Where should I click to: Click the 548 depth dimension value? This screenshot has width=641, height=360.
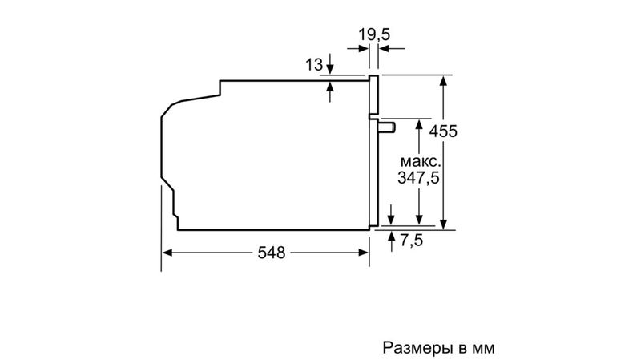coord(271,253)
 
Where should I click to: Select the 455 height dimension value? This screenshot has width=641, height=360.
coord(443,131)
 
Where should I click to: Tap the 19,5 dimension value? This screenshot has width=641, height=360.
coord(374,34)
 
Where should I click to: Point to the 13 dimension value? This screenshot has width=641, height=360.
coord(314,65)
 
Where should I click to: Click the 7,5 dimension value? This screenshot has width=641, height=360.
coord(411,240)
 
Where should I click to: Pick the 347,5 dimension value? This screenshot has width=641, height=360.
coord(418,178)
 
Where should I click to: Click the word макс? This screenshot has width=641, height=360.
coord(421,161)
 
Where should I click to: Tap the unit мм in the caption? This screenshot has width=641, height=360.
coord(483,349)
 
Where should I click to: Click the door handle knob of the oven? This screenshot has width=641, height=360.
coord(387,127)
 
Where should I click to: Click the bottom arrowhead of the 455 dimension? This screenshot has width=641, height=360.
coord(443,224)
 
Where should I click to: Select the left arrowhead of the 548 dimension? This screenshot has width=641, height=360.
coord(167,253)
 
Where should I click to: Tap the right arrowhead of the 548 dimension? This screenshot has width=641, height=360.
coord(364,253)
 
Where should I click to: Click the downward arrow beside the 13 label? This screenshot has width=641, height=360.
coord(330,64)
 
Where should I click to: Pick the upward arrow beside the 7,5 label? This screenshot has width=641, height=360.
coord(392,241)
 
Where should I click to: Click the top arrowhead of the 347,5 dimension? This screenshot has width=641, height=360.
coord(419,124)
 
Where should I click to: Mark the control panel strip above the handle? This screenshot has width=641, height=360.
coord(374,94)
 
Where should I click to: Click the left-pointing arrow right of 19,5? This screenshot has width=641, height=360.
coord(392,49)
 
